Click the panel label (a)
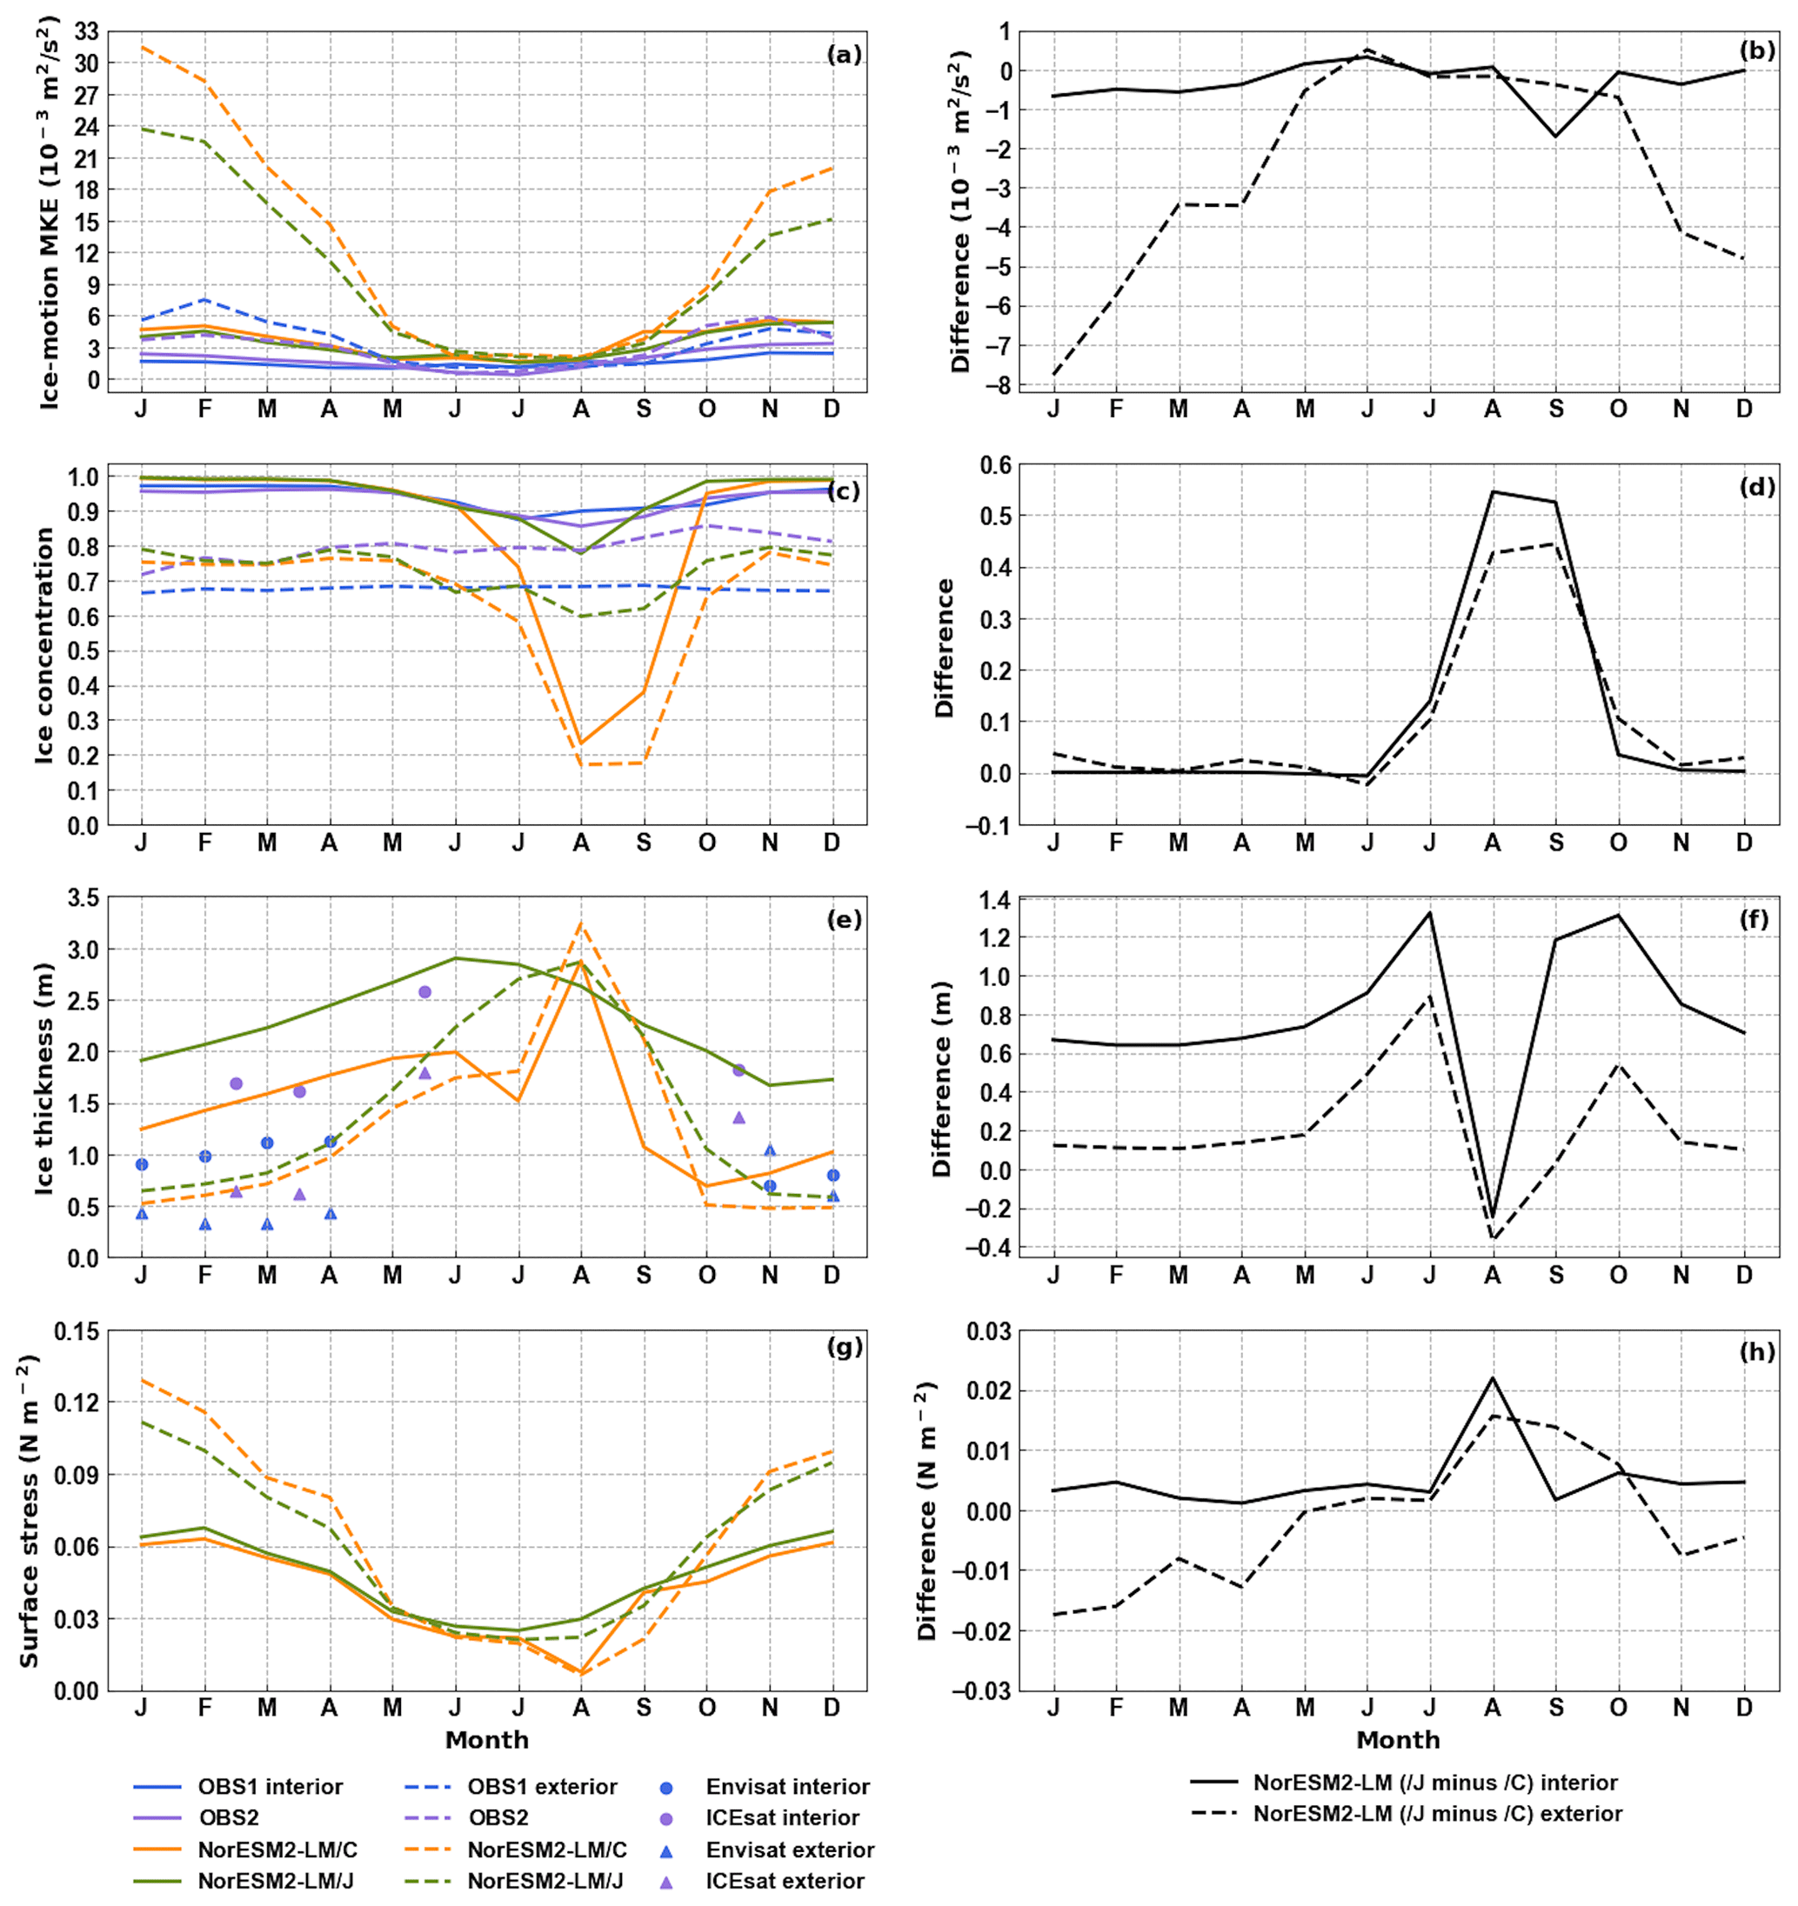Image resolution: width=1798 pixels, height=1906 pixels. tap(844, 55)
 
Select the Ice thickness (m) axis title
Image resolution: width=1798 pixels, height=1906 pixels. tap(44, 1077)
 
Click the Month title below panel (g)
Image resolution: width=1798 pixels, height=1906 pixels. tap(486, 1739)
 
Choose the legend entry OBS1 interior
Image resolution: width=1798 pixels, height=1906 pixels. tap(270, 1786)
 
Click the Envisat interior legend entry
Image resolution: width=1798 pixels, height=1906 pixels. tap(787, 1786)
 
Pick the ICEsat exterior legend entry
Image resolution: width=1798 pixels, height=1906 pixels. tap(785, 1880)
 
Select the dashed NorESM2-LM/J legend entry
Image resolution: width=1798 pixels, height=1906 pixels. tap(545, 1880)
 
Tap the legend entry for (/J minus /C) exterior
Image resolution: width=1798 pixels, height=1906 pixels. tap(1437, 1813)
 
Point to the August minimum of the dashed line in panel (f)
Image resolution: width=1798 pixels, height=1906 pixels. tap(1493, 1239)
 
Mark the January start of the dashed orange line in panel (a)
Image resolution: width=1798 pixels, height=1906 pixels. tap(142, 46)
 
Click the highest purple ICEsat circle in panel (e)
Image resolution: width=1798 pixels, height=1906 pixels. tap(424, 991)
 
